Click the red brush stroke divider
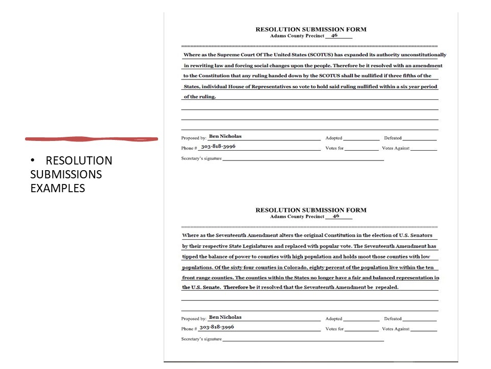[x=92, y=138]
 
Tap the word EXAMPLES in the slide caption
[x=58, y=188]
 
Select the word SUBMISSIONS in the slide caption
[x=66, y=174]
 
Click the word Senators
[x=420, y=235]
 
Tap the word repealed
[x=387, y=288]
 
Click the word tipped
[x=191, y=257]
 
